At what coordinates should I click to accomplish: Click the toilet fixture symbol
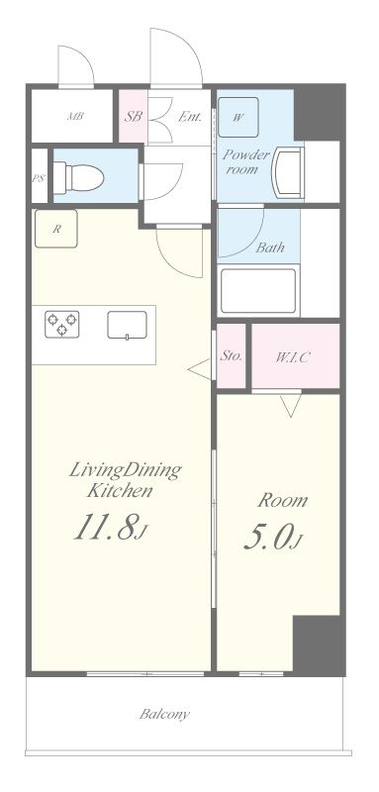click(78, 178)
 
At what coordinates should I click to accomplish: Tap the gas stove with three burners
click(62, 325)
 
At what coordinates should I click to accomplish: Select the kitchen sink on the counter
click(128, 325)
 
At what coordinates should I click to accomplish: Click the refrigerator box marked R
click(56, 229)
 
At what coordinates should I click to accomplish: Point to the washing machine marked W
click(238, 117)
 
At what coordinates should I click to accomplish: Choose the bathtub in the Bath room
click(258, 291)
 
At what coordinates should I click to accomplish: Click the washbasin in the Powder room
click(289, 173)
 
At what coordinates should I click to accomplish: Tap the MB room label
click(75, 117)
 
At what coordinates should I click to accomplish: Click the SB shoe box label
click(134, 117)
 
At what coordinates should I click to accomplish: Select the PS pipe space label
click(38, 179)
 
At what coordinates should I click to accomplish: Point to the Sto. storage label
click(232, 356)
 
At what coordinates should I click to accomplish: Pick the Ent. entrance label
click(190, 117)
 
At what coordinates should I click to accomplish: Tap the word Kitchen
click(119, 490)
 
